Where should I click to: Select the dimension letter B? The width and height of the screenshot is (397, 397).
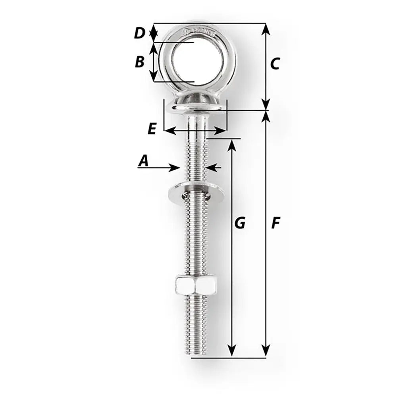pos(139,62)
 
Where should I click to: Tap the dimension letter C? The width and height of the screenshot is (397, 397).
pos(275,64)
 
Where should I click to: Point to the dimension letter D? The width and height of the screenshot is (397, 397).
pos(139,33)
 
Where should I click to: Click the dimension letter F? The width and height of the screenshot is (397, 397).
pos(275,224)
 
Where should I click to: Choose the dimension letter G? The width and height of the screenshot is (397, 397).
pos(239,224)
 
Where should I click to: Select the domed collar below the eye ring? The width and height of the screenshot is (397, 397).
pos(195,104)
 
